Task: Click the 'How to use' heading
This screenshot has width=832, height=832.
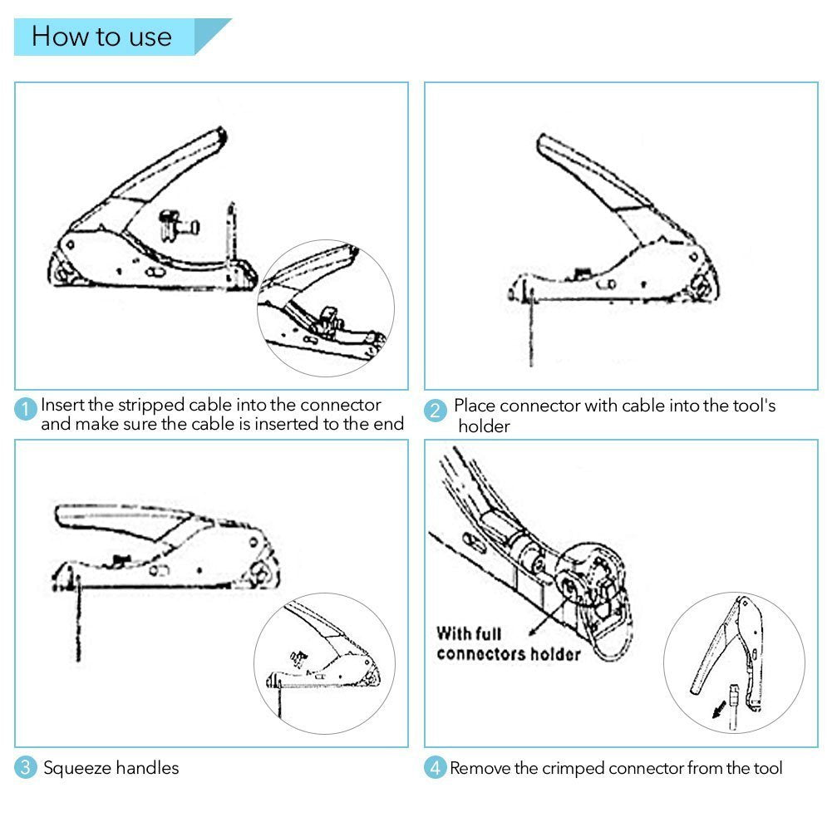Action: click(x=101, y=37)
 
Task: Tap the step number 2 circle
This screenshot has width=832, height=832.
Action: click(x=436, y=410)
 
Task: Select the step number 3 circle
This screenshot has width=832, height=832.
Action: click(x=27, y=768)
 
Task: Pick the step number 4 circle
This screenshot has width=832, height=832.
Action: click(x=436, y=768)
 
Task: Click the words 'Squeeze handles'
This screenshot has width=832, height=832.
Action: click(x=111, y=768)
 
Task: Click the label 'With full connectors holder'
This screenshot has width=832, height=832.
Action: click(x=508, y=643)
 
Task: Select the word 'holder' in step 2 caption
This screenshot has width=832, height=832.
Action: click(x=484, y=426)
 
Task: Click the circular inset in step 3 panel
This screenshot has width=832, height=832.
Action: click(x=324, y=662)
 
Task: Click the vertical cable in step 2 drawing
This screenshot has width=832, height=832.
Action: click(x=530, y=332)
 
